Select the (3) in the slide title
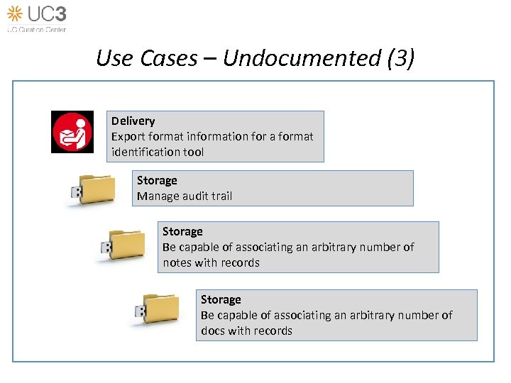click(400, 58)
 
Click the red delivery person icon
click(72, 132)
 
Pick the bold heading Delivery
click(133, 121)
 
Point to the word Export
click(128, 136)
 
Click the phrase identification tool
click(157, 152)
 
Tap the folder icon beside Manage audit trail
click(91, 189)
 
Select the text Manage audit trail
click(185, 196)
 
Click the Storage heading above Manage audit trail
click(157, 181)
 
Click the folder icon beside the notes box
click(123, 244)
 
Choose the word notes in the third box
click(177, 262)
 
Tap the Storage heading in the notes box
click(182, 232)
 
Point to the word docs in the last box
click(212, 331)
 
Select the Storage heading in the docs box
click(221, 300)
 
